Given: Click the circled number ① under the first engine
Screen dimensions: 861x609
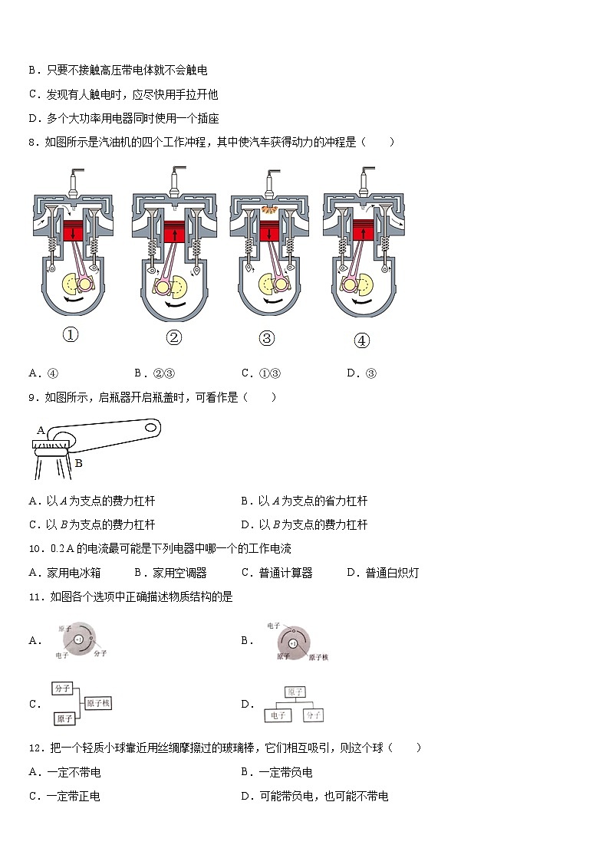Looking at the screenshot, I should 71,335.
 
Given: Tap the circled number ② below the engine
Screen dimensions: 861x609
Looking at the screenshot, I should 173,338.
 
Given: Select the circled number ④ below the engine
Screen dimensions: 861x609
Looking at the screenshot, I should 361,341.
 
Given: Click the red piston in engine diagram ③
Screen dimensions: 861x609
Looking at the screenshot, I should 268,231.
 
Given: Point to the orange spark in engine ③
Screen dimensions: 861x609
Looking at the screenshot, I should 268,209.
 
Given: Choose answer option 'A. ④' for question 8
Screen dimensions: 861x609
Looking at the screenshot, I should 44,373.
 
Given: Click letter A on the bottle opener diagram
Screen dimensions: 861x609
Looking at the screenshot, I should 41,431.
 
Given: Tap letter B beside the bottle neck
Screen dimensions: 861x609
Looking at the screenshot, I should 78,463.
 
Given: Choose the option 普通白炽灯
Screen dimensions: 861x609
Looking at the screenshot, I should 383,573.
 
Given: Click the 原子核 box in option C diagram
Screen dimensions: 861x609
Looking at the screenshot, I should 98,703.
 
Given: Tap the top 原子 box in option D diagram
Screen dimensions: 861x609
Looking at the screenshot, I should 295,692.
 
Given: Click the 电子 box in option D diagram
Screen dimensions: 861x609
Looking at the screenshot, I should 278,715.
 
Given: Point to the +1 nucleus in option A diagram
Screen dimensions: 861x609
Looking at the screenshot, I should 79,639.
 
